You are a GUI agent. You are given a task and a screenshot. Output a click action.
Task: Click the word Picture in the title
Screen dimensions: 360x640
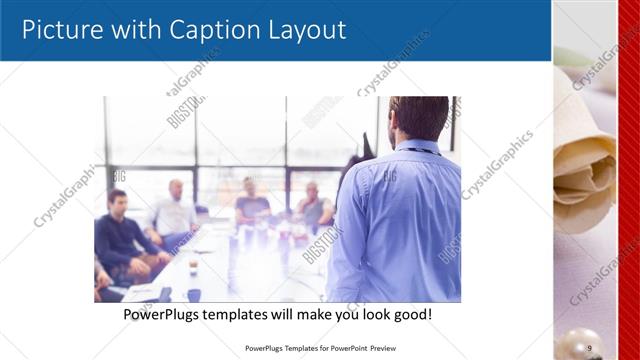pyautogui.click(x=62, y=30)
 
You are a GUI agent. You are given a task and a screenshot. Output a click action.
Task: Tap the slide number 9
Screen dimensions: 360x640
pyautogui.click(x=590, y=347)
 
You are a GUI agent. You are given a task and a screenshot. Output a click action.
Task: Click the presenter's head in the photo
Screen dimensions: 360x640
pyautogui.click(x=417, y=117)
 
